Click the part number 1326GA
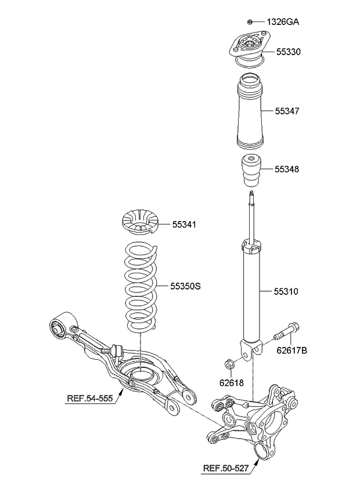tap(283, 22)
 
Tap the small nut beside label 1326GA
tap(249, 22)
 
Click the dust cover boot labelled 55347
tap(250, 110)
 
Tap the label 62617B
tap(292, 350)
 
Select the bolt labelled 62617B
tap(285, 333)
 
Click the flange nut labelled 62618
tap(229, 365)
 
